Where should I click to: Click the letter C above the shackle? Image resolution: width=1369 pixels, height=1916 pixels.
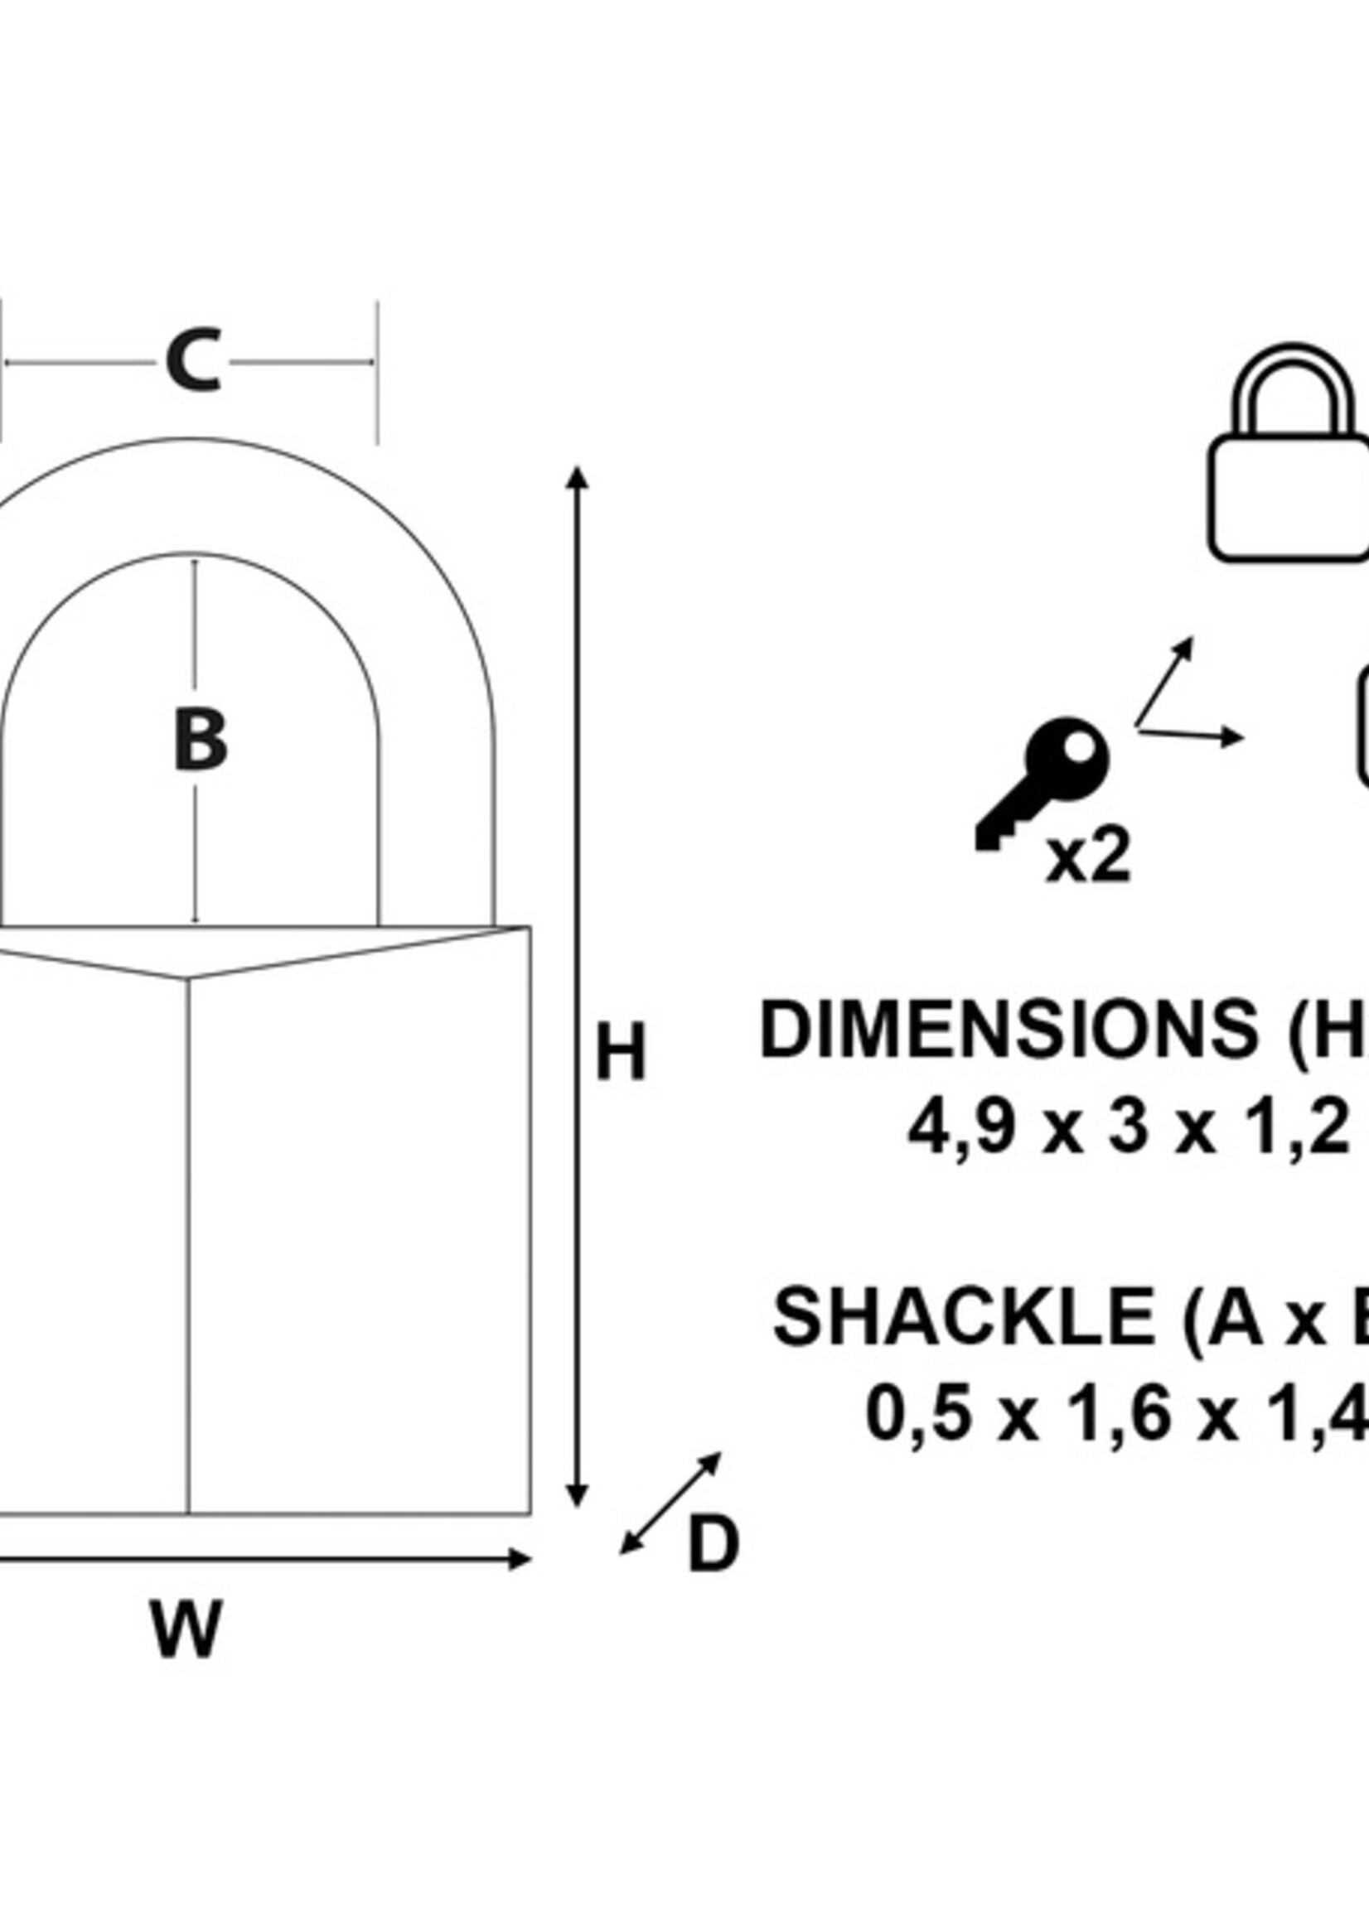click(x=195, y=361)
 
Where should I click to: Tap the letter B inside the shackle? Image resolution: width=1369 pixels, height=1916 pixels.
click(x=200, y=740)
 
